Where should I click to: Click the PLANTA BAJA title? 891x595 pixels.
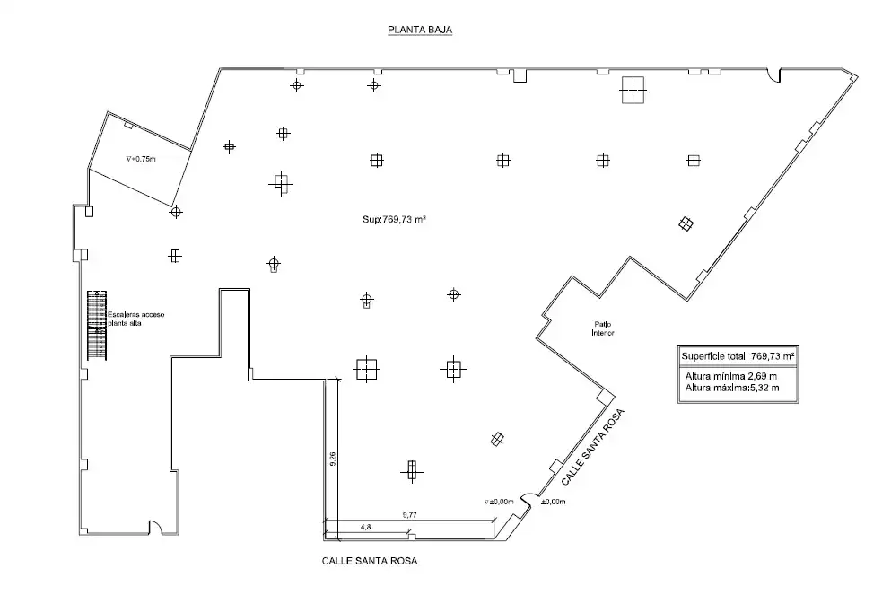point(420,30)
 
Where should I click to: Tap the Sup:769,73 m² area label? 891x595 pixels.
point(395,219)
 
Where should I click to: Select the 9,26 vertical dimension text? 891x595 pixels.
point(333,459)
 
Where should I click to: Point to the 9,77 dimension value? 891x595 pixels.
point(410,515)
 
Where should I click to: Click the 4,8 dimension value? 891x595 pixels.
point(365,527)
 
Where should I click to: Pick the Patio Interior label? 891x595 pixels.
point(603,328)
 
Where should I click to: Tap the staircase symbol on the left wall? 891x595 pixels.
point(97,325)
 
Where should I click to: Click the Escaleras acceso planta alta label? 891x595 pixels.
point(136,319)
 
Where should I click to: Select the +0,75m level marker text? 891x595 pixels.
point(141,159)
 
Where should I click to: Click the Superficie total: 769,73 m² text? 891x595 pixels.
point(738,356)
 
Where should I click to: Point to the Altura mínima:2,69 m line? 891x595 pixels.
point(730,376)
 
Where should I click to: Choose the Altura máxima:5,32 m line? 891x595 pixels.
point(732,389)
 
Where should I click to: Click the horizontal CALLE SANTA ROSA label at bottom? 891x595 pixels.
point(370,562)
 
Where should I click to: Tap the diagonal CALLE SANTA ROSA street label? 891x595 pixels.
point(593,447)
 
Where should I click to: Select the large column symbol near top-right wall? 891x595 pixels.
point(633,90)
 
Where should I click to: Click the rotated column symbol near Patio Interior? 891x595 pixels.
point(686,223)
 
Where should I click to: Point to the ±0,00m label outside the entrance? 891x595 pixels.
point(553,502)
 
